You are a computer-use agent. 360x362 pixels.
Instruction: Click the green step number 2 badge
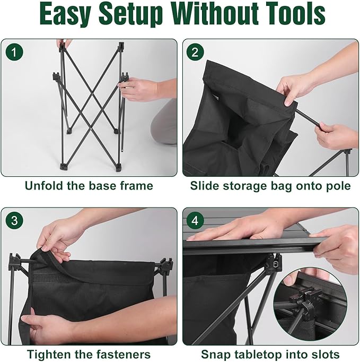[x=195, y=52]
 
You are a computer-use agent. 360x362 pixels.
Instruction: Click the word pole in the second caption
[x=338, y=186]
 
